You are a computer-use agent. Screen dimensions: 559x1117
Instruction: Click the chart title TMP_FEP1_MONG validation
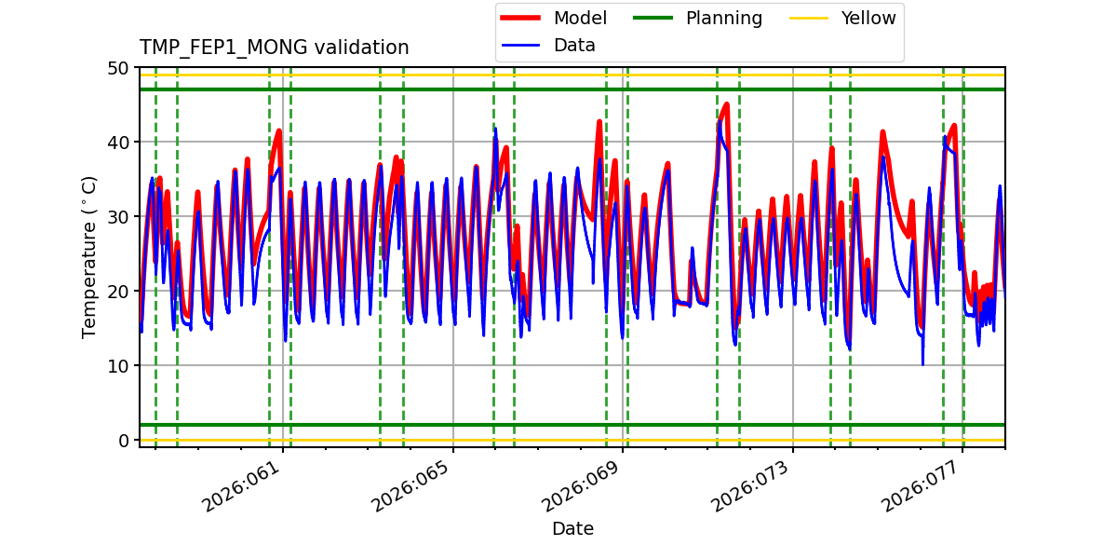click(x=274, y=48)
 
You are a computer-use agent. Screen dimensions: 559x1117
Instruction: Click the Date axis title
click(x=572, y=529)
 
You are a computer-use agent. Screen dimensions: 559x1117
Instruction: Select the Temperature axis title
click(x=89, y=256)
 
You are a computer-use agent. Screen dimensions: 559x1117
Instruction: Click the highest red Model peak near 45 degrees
click(x=726, y=104)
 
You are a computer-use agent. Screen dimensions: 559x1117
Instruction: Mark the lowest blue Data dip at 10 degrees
click(x=922, y=364)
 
